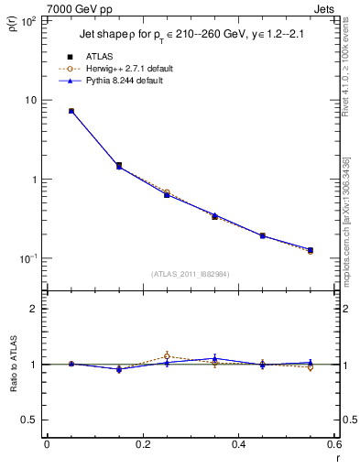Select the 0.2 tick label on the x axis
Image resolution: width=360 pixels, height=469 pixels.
click(x=142, y=444)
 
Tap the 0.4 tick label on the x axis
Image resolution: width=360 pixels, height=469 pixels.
click(x=238, y=444)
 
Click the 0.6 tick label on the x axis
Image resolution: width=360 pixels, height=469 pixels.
click(x=333, y=444)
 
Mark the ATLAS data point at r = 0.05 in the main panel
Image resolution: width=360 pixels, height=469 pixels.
click(x=71, y=111)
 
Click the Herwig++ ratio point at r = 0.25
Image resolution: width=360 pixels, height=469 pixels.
click(x=167, y=356)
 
